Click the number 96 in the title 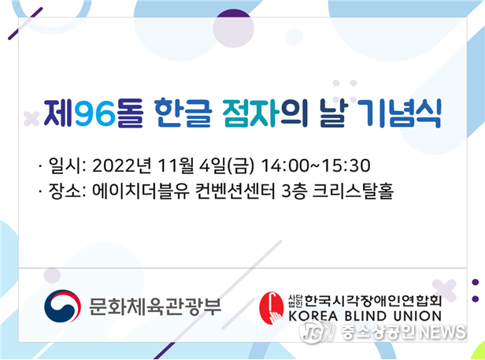[95, 113]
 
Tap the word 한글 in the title [183, 113]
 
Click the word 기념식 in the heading [402, 113]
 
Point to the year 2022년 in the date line [121, 165]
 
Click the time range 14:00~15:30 [316, 165]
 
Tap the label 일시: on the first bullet [67, 165]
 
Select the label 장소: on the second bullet [67, 191]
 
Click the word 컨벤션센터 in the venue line [235, 191]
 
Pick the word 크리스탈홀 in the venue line [353, 191]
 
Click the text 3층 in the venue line [294, 191]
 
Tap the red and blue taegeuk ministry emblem [62, 306]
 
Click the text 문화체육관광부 [155, 306]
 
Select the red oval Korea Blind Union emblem [271, 308]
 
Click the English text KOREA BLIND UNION [365, 316]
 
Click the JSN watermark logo [317, 332]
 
